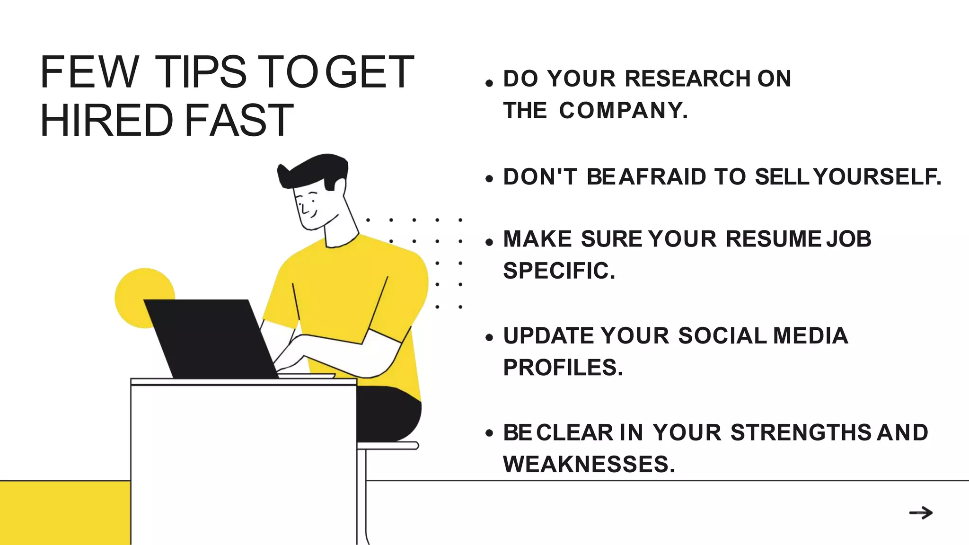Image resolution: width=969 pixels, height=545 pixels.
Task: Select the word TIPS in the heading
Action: point(201,72)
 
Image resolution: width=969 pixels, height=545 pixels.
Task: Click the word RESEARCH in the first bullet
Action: point(688,79)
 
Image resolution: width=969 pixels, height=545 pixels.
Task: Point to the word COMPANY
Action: point(623,111)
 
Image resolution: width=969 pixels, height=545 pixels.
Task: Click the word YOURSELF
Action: point(877,177)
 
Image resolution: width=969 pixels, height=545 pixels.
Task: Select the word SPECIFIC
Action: point(559,271)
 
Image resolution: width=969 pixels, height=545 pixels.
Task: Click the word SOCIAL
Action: point(722,336)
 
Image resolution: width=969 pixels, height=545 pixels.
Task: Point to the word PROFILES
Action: point(563,368)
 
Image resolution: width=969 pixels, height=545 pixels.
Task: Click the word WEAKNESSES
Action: point(589,464)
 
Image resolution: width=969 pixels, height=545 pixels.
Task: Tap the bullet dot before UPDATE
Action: point(489,338)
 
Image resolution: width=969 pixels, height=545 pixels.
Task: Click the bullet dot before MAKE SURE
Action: point(489,242)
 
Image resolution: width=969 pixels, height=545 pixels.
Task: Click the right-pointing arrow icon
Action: point(921,513)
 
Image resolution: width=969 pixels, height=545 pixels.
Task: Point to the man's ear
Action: point(339,185)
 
